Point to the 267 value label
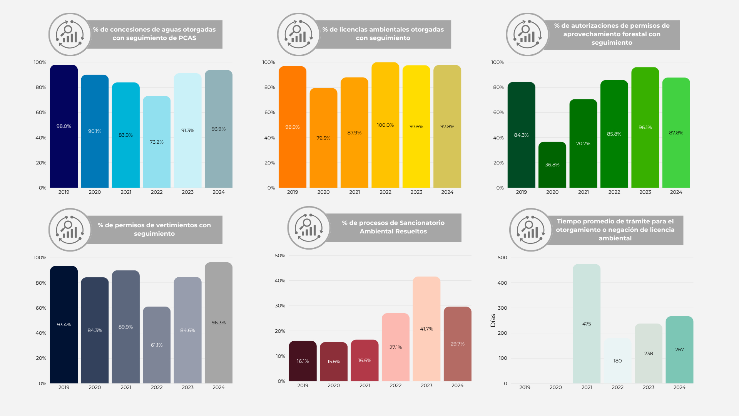point(679,350)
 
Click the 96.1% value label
point(645,127)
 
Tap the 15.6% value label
point(334,362)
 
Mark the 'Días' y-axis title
point(493,320)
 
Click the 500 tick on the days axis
point(502,258)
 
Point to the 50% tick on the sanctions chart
point(280,256)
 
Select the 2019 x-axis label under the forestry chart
point(521,192)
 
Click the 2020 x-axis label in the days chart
point(555,387)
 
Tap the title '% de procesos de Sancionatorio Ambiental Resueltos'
point(393,227)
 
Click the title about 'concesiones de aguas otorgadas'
point(154,34)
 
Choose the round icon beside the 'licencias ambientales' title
point(299,34)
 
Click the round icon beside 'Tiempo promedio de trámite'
point(531,230)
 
